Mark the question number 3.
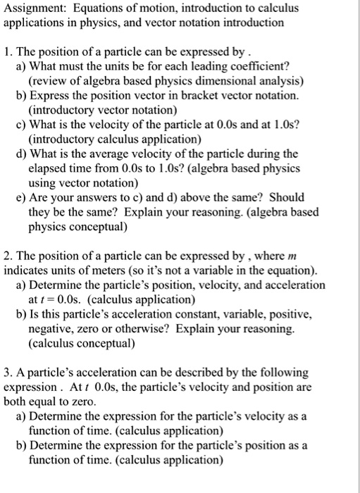coord(8,371)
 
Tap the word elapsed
coord(48,168)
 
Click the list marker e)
coord(21,198)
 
